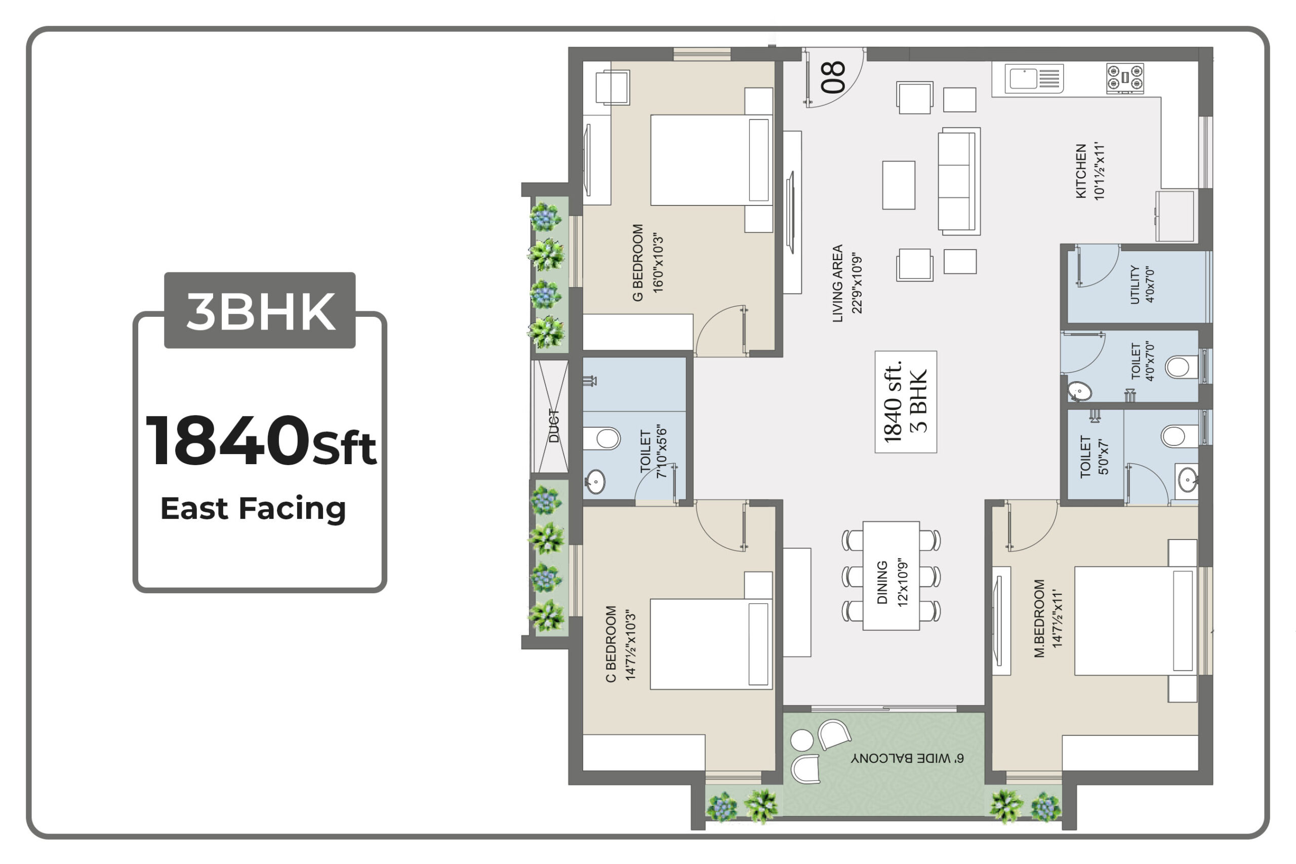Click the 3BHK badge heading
pyautogui.click(x=261, y=311)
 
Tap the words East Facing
pyautogui.click(x=253, y=508)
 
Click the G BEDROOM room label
pyautogui.click(x=637, y=262)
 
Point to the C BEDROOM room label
pyautogui.click(x=611, y=644)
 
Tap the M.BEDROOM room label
pyautogui.click(x=1039, y=618)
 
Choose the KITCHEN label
pyautogui.click(x=1081, y=172)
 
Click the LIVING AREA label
pyautogui.click(x=837, y=283)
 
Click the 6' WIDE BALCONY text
pyautogui.click(x=908, y=758)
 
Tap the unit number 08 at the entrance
pyautogui.click(x=833, y=76)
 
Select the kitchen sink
pyautogui.click(x=1034, y=78)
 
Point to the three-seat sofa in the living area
pyautogui.click(x=959, y=181)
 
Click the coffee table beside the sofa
pyautogui.click(x=899, y=185)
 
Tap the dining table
pyautogui.click(x=891, y=575)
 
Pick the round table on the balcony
pyautogui.click(x=802, y=740)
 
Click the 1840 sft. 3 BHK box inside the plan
pyautogui.click(x=906, y=402)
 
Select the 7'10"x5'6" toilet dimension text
pyautogui.click(x=662, y=451)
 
